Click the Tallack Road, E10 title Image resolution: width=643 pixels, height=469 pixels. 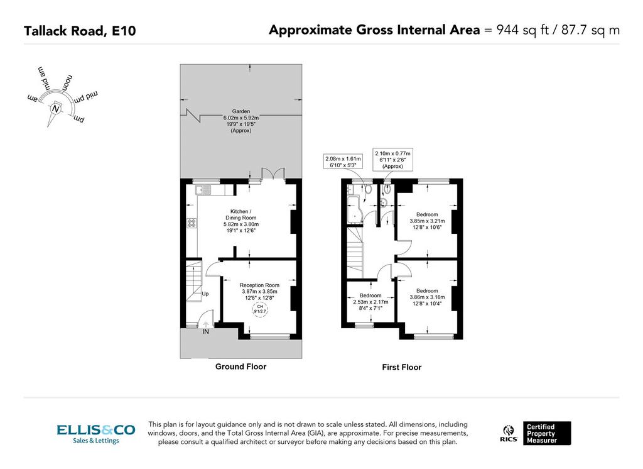80,31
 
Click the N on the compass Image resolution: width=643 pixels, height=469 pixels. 55,109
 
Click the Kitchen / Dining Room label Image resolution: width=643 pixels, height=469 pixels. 240,221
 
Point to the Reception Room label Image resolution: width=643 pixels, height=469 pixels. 259,291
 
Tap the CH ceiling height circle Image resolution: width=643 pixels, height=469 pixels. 260,309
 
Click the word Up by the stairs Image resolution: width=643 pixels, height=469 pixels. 205,294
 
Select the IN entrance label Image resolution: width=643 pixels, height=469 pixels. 205,331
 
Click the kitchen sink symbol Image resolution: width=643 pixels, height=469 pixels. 203,190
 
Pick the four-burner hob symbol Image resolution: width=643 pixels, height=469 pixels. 192,223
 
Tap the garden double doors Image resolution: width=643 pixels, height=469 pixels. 273,174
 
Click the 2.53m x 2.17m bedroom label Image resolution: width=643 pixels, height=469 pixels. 370,302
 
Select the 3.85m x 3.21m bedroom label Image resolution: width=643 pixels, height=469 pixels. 427,221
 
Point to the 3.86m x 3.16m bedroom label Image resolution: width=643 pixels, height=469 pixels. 427,297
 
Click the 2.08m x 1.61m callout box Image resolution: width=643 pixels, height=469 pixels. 343,162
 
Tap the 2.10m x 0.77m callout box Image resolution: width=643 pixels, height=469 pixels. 392,160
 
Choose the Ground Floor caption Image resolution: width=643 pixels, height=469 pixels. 240,367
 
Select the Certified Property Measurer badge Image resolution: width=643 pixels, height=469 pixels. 547,433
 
